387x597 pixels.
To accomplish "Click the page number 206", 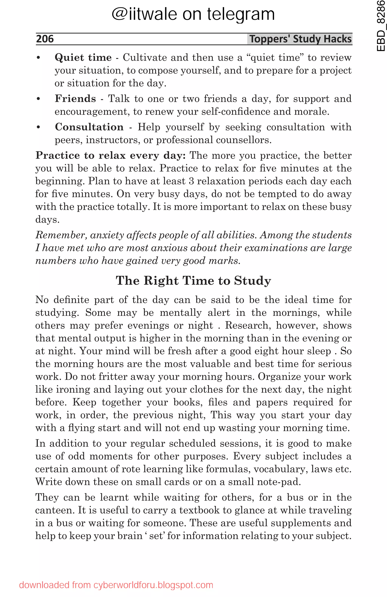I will point(45,39).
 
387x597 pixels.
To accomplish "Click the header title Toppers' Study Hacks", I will point(300,39).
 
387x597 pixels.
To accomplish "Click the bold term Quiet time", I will point(83,57).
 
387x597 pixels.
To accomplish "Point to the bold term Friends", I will point(75,98).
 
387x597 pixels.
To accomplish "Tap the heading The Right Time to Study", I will point(193,280).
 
